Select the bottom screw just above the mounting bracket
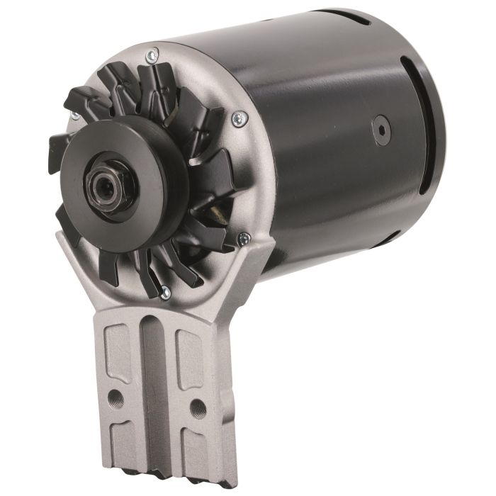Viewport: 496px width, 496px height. pos(164,289)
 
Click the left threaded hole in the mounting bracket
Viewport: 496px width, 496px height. pos(116,399)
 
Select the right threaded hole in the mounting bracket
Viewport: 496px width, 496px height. pos(199,407)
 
